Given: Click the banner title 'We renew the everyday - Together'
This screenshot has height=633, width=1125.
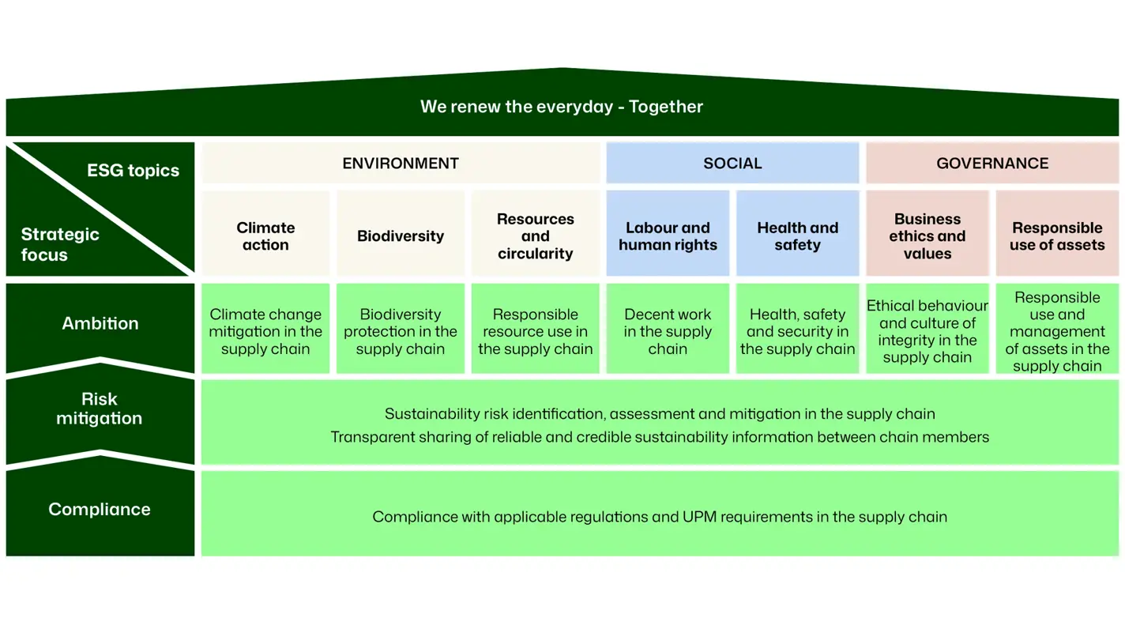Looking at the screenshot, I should click(x=562, y=107).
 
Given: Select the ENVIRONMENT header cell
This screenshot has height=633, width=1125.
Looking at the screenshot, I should click(x=401, y=164).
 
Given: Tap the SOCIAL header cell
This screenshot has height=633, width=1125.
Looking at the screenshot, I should click(x=732, y=164).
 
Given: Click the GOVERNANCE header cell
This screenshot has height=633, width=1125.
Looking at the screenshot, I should click(x=992, y=164).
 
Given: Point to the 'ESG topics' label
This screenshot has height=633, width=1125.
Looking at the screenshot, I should click(x=133, y=171).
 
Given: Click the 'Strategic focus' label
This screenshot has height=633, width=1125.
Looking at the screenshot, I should click(x=60, y=244).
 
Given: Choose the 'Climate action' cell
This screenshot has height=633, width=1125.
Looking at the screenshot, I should click(x=265, y=235).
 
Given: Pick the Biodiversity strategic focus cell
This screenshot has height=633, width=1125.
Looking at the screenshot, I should click(x=401, y=235).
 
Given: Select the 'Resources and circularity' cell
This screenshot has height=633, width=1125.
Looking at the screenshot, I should click(x=535, y=235).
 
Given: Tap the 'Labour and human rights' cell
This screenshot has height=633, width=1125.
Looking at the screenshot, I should click(x=668, y=235).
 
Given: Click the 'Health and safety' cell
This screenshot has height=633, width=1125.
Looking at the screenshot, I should click(x=797, y=235).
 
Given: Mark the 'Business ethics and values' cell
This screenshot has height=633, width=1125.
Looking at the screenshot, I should click(x=927, y=235).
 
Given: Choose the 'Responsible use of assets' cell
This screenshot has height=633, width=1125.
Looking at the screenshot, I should click(x=1057, y=235).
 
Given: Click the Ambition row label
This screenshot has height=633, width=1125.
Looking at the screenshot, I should click(x=100, y=323).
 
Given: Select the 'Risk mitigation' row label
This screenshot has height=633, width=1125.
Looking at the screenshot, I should click(x=100, y=409).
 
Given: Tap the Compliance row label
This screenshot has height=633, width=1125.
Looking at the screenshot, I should click(x=100, y=510).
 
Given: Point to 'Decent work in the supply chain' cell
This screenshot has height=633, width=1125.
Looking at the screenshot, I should click(x=668, y=331).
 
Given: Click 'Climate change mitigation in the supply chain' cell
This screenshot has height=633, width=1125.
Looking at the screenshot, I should click(x=265, y=331).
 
